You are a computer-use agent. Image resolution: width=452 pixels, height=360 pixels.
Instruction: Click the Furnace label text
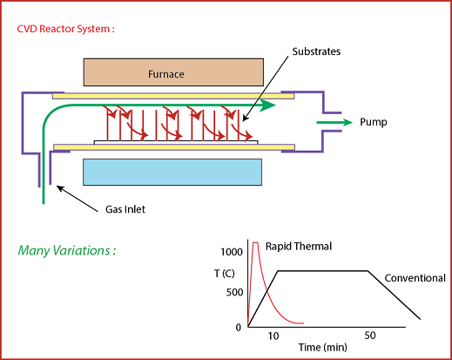pyautogui.click(x=166, y=74)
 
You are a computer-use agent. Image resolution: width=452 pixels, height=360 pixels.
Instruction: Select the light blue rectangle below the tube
pyautogui.click(x=172, y=172)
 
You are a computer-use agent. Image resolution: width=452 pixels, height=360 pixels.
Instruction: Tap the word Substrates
pyautogui.click(x=316, y=51)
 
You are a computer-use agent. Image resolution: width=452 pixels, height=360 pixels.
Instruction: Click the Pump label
pyautogui.click(x=374, y=122)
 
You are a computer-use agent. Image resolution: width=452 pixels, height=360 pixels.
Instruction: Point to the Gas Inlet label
pyautogui.click(x=125, y=209)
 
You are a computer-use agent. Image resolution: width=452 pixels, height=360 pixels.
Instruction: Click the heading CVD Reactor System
pyautogui.click(x=66, y=29)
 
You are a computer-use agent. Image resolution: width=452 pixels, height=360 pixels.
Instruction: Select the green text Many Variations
pyautogui.click(x=67, y=250)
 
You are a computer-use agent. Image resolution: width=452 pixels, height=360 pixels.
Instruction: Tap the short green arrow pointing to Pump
pyautogui.click(x=334, y=122)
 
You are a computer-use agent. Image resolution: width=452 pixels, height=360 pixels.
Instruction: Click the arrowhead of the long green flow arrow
pyautogui.click(x=267, y=105)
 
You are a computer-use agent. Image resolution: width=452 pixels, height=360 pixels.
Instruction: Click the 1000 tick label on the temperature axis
pyautogui.click(x=232, y=252)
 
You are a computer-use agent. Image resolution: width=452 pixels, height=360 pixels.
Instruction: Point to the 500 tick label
pyautogui.click(x=234, y=292)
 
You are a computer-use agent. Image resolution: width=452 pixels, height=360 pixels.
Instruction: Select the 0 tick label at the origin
pyautogui.click(x=239, y=328)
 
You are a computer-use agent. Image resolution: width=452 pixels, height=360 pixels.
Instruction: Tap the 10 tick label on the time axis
pyautogui.click(x=273, y=336)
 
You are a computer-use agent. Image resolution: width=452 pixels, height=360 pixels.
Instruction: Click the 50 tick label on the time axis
pyautogui.click(x=370, y=336)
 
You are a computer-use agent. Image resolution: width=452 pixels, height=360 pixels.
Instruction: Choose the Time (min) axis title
pyautogui.click(x=323, y=347)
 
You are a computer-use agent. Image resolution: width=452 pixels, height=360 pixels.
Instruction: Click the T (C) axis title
pyautogui.click(x=225, y=274)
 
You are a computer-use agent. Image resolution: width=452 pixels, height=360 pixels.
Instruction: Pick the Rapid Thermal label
pyautogui.click(x=299, y=247)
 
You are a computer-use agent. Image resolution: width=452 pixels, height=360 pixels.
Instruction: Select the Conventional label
pyautogui.click(x=415, y=278)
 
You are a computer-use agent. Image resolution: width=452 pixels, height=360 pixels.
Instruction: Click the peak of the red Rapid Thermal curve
pyautogui.click(x=255, y=242)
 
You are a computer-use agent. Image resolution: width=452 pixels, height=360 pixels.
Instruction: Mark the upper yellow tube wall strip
pyautogui.click(x=173, y=96)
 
